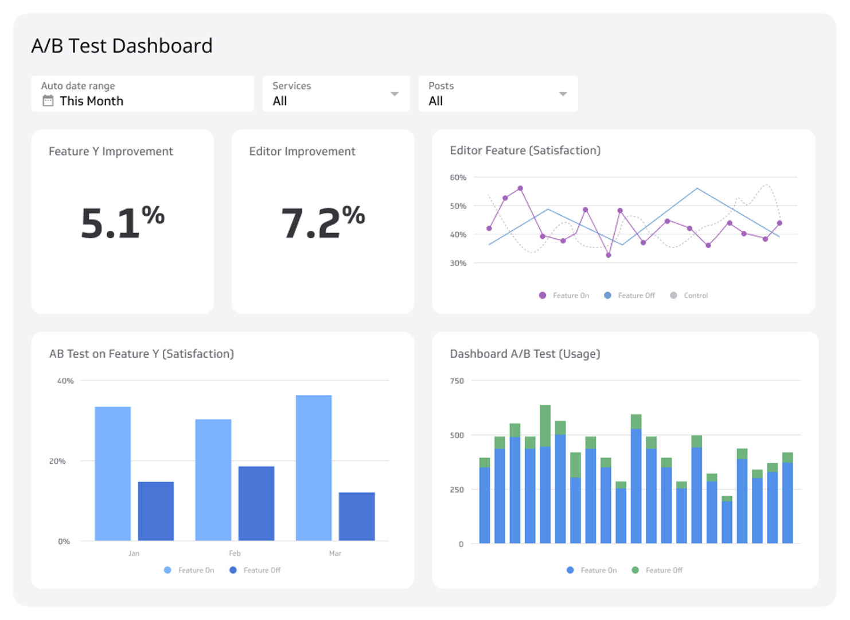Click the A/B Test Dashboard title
[122, 46]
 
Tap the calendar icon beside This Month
[48, 101]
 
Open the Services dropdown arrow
[395, 94]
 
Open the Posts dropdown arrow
[563, 94]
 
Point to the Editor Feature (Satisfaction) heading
[525, 150]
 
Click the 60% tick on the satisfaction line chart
[458, 178]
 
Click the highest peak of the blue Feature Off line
[697, 188]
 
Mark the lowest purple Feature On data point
[609, 255]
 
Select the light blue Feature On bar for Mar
[314, 468]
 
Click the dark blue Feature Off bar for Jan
[156, 511]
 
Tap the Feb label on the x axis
[235, 553]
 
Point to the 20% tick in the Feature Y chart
[57, 461]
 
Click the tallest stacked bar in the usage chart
[545, 474]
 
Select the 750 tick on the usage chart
[457, 381]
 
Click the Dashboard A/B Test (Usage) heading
[525, 354]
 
